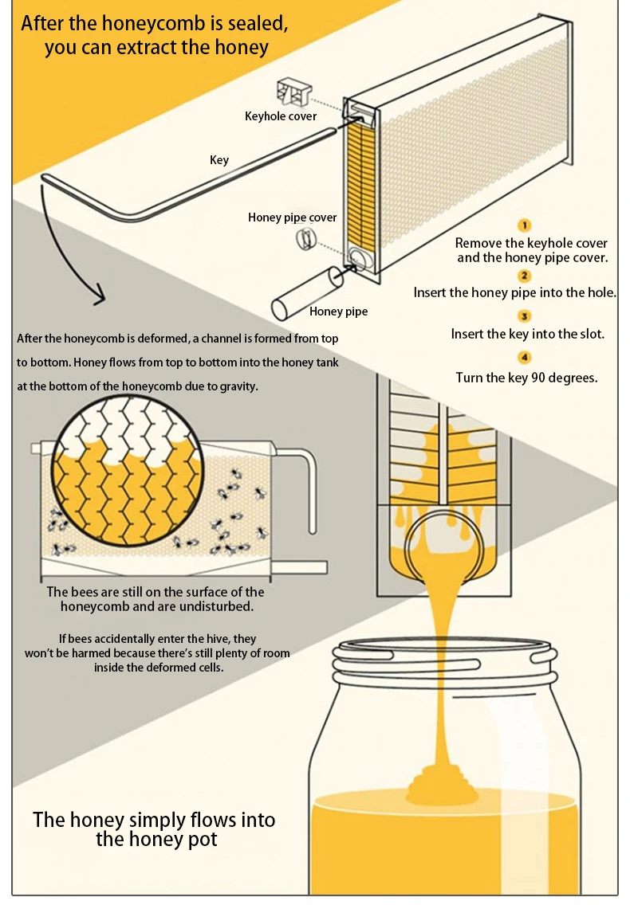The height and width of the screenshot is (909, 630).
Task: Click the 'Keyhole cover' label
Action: pyautogui.click(x=281, y=116)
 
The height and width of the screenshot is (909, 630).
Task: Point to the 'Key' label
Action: pyautogui.click(x=219, y=160)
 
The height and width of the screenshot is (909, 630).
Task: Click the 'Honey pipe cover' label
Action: pyautogui.click(x=293, y=217)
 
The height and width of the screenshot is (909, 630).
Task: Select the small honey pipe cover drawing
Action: pyautogui.click(x=305, y=239)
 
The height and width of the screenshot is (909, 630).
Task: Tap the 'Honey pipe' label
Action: pyautogui.click(x=338, y=311)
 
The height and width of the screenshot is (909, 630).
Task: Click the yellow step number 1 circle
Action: pyautogui.click(x=525, y=225)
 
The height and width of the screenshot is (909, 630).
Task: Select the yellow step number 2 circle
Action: pyautogui.click(x=525, y=276)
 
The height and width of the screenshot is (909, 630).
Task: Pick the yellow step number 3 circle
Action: pyautogui.click(x=525, y=316)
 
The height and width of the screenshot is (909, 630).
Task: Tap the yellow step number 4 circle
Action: pyautogui.click(x=525, y=357)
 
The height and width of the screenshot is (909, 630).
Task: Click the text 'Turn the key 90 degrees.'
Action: pyautogui.click(x=527, y=378)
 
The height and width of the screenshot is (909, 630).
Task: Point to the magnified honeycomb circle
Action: pyautogui.click(x=128, y=474)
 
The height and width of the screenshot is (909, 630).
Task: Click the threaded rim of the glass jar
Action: pyautogui.click(x=445, y=664)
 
